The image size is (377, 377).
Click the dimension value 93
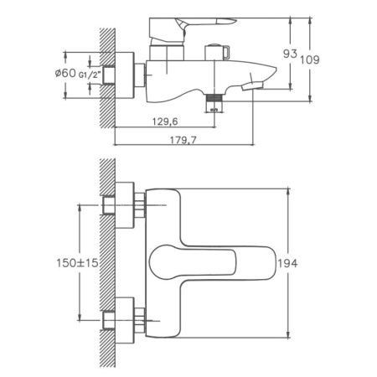290,54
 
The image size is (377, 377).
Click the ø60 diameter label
65,74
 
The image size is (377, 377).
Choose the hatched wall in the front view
107,260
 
